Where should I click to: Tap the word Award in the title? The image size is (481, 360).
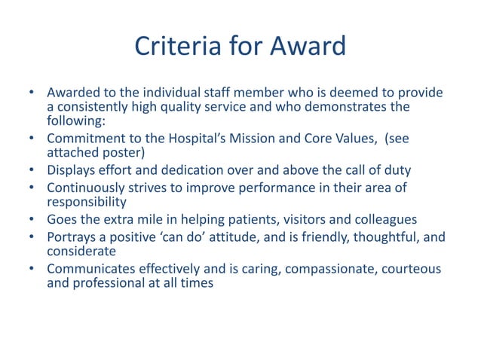pos(309,47)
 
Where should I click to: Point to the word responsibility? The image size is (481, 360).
pos(85,200)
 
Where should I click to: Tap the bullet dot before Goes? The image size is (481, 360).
pos(32,219)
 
